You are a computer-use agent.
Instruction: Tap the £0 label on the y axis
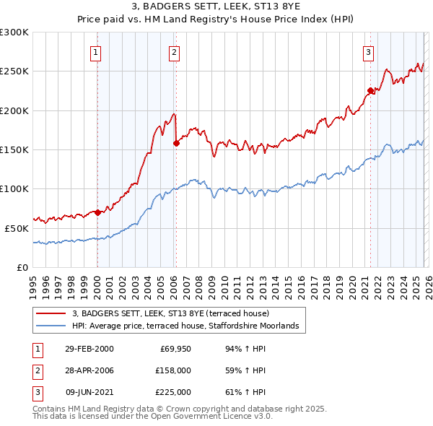click(22, 266)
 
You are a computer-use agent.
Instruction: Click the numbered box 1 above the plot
click(96, 51)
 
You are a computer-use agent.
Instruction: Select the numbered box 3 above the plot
click(368, 51)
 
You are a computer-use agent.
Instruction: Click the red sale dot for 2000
click(97, 212)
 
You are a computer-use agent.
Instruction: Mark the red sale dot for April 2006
click(176, 144)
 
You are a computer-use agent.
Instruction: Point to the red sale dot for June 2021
click(370, 91)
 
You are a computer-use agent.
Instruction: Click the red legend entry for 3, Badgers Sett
click(170, 313)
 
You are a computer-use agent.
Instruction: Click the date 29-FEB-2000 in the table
click(89, 349)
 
